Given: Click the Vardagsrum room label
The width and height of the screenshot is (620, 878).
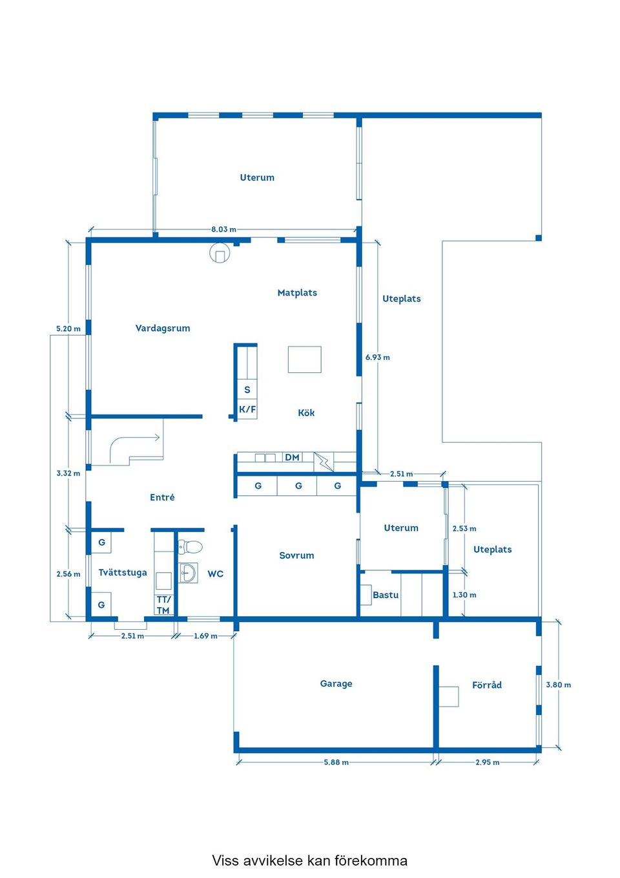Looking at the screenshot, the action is pos(163,328).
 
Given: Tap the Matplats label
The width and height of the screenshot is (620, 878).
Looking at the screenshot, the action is pos(297,293).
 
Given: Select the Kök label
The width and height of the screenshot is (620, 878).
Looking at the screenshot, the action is pos(306,412).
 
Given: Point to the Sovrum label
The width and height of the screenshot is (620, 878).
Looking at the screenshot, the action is pos(296,555).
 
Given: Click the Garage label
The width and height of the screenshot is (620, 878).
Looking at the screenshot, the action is pos(336,683).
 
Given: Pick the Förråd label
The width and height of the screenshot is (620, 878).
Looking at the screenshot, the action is pos(486,685).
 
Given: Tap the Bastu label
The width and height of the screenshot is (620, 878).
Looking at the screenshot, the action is pos(386,595).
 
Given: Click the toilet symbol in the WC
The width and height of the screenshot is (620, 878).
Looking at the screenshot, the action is pos(191,546).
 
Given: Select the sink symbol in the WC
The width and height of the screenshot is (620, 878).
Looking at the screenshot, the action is pos(189,573).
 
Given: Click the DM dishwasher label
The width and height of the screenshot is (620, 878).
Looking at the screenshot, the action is pos(292,457).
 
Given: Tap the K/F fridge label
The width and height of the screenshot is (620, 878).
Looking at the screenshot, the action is pos(247,410).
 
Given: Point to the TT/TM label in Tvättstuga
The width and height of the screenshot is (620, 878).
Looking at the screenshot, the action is pos(163,605).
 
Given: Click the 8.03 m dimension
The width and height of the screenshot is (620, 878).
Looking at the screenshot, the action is pos(224,230).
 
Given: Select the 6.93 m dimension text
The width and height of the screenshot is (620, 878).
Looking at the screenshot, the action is pos(377,357).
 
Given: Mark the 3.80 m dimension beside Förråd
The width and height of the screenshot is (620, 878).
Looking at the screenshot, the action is pos(558,685).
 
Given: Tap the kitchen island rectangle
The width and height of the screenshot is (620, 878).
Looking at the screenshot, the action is pos(305,359).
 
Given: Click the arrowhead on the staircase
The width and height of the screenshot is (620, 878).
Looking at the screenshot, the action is pos(158,438).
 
